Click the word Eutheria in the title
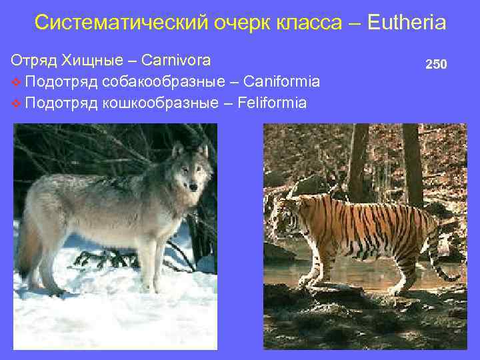click(406, 23)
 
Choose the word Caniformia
click(282, 81)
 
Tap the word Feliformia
click(271, 103)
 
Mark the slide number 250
click(437, 65)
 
